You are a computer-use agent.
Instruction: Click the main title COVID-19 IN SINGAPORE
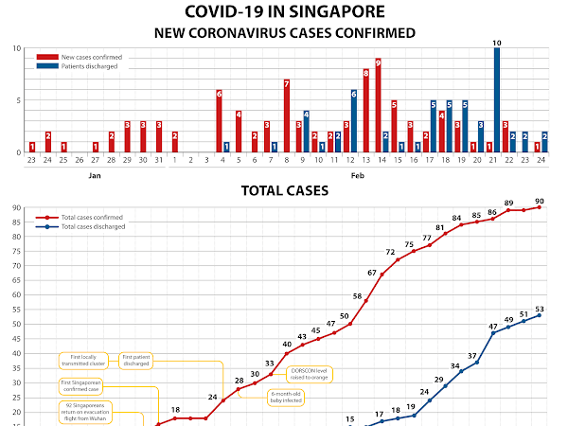284,12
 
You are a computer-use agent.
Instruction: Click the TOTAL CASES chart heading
284,190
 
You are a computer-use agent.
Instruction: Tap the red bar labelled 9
378,105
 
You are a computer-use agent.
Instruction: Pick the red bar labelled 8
365,111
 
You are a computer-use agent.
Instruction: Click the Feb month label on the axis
357,175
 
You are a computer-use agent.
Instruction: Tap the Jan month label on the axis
95,175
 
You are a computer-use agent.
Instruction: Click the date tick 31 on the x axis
158,161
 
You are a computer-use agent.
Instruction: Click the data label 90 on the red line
540,200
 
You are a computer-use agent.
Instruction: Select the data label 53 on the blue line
540,309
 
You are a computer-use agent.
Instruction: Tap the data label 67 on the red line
372,273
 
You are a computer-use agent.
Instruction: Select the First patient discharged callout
136,360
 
